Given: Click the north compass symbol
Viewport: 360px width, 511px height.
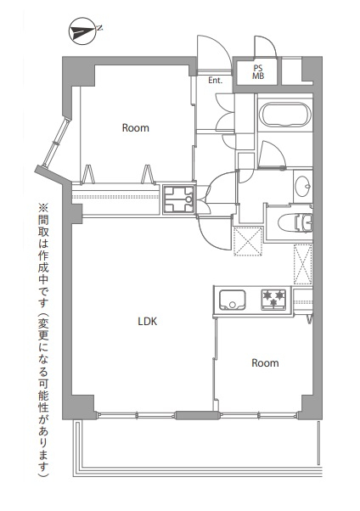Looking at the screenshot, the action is click(82, 31).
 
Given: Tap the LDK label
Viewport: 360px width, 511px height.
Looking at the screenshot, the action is click(148, 322).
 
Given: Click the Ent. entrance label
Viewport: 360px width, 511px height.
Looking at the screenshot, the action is click(215, 80).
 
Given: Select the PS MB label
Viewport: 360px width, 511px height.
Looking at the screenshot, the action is click(258, 72).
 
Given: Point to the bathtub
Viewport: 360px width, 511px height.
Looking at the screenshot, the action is click(285, 115).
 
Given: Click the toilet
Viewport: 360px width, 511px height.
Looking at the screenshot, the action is click(295, 222).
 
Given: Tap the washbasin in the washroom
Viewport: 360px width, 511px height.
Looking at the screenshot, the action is click(302, 186).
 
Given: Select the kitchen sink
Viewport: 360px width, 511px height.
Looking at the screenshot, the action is click(232, 300).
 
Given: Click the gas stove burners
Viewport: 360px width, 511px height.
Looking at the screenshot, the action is click(273, 299).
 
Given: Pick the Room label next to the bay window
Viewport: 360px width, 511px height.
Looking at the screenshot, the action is click(136, 127).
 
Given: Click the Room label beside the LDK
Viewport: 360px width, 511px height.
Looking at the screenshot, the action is click(265, 363).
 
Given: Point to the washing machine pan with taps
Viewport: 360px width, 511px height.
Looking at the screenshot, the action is click(179, 199).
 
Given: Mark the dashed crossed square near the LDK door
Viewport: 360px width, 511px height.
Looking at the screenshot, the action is click(248, 241).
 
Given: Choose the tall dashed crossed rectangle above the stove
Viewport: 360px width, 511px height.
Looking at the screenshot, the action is click(303, 265).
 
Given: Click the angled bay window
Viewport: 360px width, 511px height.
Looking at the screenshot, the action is click(58, 143).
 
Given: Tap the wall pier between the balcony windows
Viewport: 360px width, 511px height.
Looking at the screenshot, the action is click(197, 415).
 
